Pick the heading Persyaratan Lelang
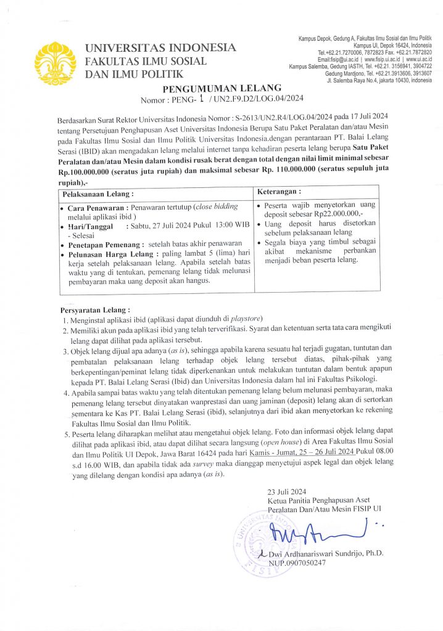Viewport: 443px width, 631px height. click(x=94, y=309)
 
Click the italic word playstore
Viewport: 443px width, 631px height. click(x=246, y=319)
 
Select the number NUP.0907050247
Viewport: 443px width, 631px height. click(x=296, y=563)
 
